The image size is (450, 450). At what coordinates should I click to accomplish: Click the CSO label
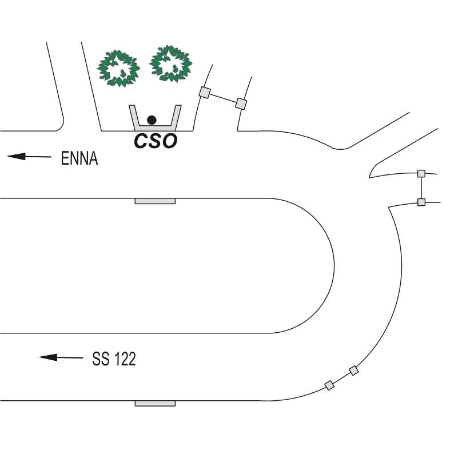[x=156, y=141]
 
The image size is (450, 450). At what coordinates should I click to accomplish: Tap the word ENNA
[x=79, y=158]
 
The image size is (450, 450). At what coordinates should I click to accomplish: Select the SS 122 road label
[x=114, y=359]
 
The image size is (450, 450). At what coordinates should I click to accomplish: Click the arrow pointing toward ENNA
[x=29, y=157]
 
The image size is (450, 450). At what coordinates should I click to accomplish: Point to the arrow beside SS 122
[x=61, y=357]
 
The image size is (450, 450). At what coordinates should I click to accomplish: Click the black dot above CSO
[x=152, y=120]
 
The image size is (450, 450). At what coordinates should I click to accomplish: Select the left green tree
[x=118, y=68]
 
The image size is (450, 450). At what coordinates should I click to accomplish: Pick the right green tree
[x=171, y=63]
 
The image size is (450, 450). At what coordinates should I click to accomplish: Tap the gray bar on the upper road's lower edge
[x=155, y=201]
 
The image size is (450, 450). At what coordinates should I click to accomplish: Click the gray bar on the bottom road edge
[x=155, y=404]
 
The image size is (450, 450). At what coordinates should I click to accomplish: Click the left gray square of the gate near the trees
[x=205, y=93]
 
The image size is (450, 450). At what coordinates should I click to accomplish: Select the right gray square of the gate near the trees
[x=241, y=103]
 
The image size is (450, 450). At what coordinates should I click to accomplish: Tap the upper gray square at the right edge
[x=421, y=173]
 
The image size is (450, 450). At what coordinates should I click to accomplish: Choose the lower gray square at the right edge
[x=421, y=202]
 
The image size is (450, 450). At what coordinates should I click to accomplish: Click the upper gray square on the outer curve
[x=354, y=371]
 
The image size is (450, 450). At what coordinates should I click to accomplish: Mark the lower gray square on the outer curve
[x=329, y=385]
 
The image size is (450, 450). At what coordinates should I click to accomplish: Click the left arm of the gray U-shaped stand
[x=134, y=118]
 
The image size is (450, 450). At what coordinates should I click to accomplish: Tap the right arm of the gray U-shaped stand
[x=176, y=118]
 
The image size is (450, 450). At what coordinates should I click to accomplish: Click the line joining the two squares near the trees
[x=223, y=98]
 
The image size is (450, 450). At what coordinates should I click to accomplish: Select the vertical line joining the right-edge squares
[x=421, y=188]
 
